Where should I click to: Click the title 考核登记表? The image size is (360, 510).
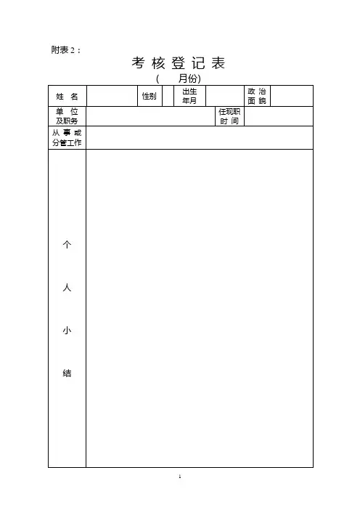(x=179, y=63)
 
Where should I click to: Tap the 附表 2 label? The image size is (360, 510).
(x=65, y=50)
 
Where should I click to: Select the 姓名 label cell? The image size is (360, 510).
(x=67, y=97)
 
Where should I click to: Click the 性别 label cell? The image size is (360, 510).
(x=150, y=97)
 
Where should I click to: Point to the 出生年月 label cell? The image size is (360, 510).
(x=189, y=97)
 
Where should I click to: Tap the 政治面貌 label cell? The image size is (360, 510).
(x=257, y=97)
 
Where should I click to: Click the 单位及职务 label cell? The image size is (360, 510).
(x=67, y=116)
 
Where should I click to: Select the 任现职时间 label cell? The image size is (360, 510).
(x=229, y=116)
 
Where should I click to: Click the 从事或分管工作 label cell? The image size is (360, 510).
(x=67, y=138)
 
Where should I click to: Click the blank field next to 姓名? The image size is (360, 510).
(x=112, y=97)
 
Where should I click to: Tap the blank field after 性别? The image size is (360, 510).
(x=168, y=97)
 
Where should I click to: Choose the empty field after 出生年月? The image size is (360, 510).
(x=225, y=97)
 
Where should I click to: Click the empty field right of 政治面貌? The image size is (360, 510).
(x=292, y=97)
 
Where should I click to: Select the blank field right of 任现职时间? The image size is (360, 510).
(x=279, y=116)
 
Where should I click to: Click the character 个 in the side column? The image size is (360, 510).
(x=67, y=245)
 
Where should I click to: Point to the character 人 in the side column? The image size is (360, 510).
(x=67, y=288)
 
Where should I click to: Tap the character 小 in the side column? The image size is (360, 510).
(x=67, y=331)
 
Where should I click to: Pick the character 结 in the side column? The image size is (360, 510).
(x=67, y=373)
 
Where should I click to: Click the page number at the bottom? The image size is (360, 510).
(x=180, y=477)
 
